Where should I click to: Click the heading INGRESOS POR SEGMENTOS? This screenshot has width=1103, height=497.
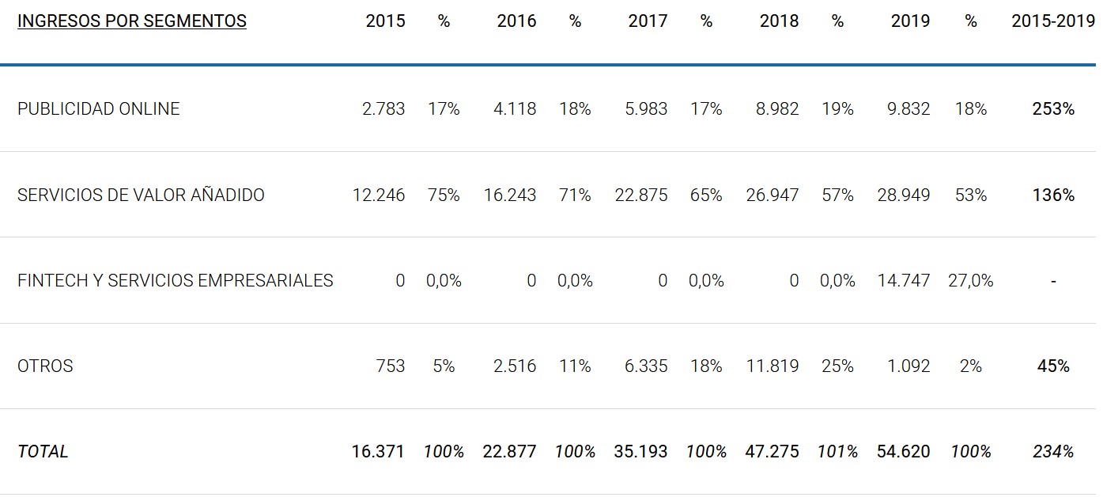[x=131, y=21]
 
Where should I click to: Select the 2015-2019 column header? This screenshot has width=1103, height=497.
[x=1052, y=21]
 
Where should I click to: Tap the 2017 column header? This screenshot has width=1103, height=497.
[x=648, y=21]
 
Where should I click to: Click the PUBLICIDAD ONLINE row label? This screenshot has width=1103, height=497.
[x=99, y=108]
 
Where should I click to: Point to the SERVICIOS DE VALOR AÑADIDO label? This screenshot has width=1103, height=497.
[x=141, y=195]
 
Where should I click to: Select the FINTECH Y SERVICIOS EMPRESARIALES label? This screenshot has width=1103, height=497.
[x=175, y=280]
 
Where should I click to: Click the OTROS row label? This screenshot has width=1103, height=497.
[x=45, y=366]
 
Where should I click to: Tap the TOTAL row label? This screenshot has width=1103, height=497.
[x=43, y=451]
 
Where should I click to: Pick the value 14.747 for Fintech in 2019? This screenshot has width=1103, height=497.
[x=903, y=280]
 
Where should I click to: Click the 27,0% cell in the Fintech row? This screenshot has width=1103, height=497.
[x=970, y=280]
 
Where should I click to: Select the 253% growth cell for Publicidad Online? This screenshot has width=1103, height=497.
[x=1053, y=108]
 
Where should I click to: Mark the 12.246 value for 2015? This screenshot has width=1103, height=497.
[x=378, y=195]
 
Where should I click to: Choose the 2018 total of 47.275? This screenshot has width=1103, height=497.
[x=772, y=451]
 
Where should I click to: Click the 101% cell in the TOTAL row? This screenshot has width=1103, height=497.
[x=837, y=451]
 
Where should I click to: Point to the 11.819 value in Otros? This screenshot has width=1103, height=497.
[x=772, y=366]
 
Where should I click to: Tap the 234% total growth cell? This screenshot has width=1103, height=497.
[x=1053, y=451]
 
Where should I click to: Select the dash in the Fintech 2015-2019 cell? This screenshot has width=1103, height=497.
[x=1053, y=281]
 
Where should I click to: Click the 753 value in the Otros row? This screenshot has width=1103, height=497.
[x=390, y=366]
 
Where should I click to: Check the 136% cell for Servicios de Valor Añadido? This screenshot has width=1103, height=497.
[x=1053, y=195]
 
